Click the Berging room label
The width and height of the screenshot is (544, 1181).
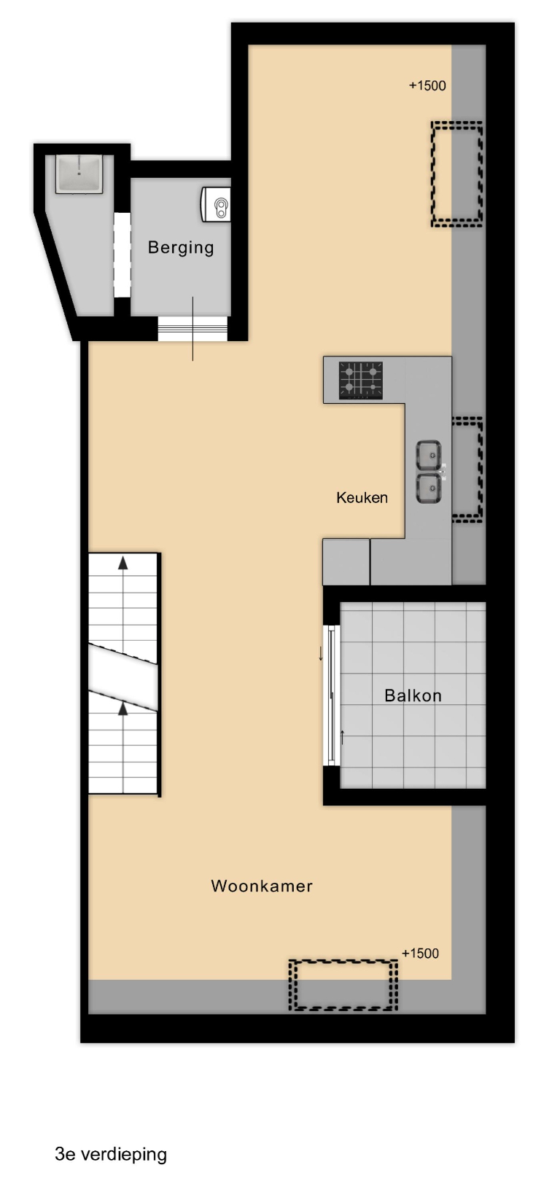click(181, 248)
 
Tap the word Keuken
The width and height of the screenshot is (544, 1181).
click(362, 498)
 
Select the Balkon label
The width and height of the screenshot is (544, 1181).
click(413, 695)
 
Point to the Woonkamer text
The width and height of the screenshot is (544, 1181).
click(262, 886)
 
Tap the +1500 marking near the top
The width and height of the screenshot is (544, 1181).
click(427, 85)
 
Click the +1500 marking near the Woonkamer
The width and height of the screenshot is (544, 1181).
click(420, 954)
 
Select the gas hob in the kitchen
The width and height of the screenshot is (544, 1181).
click(360, 380)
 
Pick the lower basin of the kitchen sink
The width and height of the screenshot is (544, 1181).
click(429, 488)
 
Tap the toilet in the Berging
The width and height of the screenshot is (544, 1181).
click(216, 205)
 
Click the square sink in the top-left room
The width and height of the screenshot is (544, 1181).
click(79, 174)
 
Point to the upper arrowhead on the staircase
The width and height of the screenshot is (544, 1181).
click(123, 563)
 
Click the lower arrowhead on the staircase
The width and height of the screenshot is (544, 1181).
click(123, 708)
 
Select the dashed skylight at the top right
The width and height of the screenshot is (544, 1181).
click(456, 174)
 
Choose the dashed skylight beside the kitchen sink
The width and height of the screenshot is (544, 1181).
click(467, 469)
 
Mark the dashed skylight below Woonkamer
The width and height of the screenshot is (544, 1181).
click(343, 985)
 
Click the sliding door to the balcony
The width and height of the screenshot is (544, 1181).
click(332, 695)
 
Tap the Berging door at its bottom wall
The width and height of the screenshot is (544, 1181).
click(193, 330)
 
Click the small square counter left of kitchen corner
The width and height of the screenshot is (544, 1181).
click(346, 561)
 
